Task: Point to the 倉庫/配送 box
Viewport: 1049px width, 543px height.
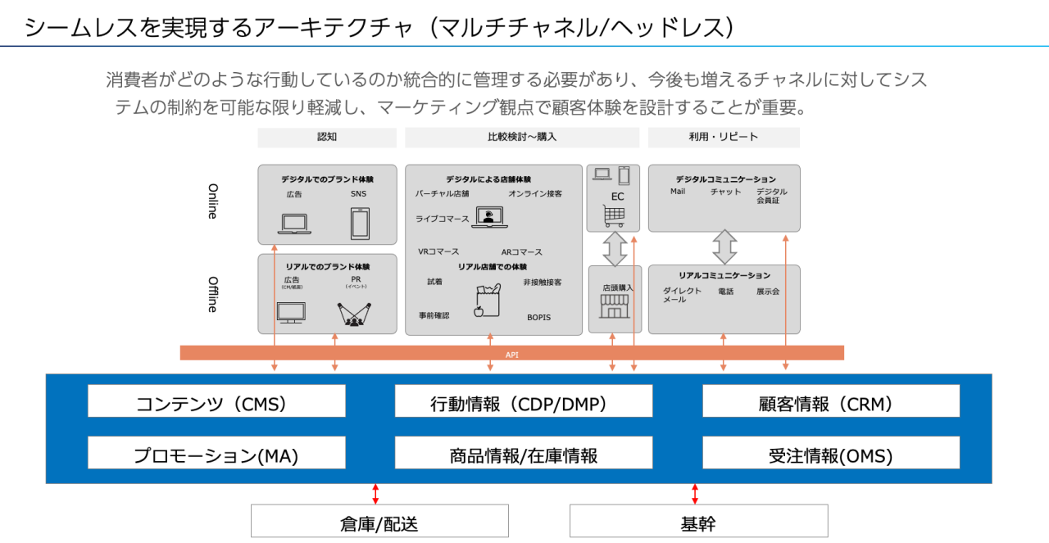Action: [x=379, y=521]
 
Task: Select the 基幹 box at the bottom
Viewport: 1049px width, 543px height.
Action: [x=698, y=521]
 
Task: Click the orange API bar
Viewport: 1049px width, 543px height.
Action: [x=511, y=353]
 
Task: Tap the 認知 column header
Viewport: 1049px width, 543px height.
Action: [x=327, y=138]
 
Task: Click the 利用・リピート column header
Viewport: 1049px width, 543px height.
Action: [x=724, y=138]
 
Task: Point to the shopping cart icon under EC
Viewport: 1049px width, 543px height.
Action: [x=613, y=216]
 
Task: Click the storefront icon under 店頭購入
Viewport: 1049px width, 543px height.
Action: [x=614, y=306]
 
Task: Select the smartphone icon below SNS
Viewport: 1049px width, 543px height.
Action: [x=360, y=223]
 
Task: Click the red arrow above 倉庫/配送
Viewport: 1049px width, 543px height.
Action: [x=375, y=493]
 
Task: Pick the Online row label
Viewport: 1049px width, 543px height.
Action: [x=212, y=201]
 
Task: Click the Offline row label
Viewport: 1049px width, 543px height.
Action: [x=212, y=294]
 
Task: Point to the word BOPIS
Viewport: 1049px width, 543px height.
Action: [x=538, y=317]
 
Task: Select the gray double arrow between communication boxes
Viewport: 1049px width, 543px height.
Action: [x=724, y=247]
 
